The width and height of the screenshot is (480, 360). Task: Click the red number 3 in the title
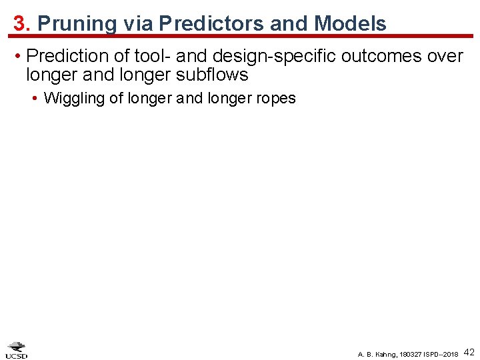[20, 23]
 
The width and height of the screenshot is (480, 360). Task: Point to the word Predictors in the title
[208, 24]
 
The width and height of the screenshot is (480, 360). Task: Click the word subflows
[211, 74]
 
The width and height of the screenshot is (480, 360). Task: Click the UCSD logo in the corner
[17, 350]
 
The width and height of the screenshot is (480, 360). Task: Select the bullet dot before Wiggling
[35, 99]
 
